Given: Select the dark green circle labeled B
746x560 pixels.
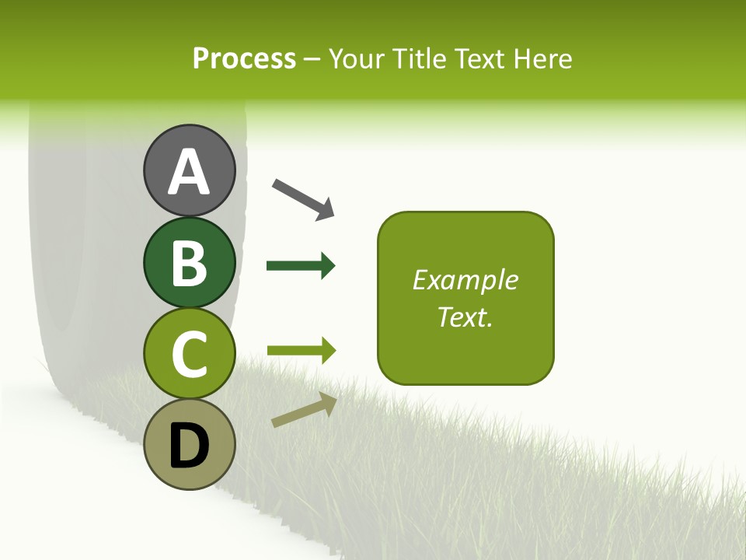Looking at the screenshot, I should pos(190,261).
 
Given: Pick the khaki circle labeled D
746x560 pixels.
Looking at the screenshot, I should pos(190,444).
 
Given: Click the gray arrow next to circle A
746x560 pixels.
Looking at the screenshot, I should pos(303,198).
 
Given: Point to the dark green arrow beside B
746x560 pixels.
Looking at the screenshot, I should pos(301,266).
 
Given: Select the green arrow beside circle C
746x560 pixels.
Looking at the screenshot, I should pos(301,351).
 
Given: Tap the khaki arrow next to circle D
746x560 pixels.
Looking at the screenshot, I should pos(304,410).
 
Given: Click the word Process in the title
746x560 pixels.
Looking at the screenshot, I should pos(244,58).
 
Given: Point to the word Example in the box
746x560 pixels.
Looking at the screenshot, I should pos(465,280).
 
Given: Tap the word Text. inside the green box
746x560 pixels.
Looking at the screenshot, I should pos(465,317).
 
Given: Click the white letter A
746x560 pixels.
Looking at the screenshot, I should pos(190,173).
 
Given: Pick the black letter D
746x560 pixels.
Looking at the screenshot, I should pos(190,446).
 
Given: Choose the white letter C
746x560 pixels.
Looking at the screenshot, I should pos(190,354).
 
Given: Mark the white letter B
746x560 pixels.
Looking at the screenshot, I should pos(190,263).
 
